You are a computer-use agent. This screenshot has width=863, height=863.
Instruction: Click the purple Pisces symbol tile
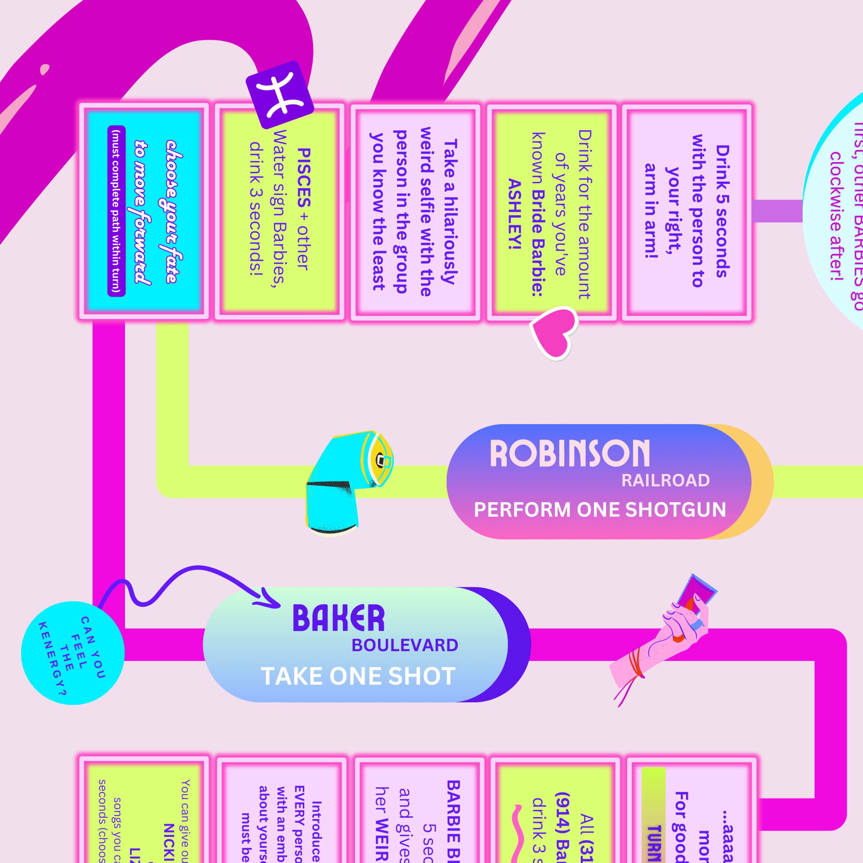[x=280, y=95]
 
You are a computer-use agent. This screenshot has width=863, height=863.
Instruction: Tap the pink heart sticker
[x=553, y=331]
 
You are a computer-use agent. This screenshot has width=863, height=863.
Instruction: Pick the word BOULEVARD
[x=405, y=645]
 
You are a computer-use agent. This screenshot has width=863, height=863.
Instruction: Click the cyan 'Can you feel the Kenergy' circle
[x=72, y=653]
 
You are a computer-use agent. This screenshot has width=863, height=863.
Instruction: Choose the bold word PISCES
[x=304, y=177]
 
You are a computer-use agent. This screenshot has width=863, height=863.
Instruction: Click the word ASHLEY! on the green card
[x=515, y=214]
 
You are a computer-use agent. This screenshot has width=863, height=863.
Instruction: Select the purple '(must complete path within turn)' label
[x=116, y=211]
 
